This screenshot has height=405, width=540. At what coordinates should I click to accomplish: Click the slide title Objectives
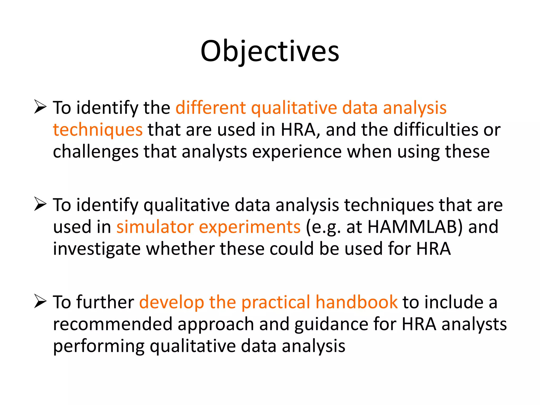click(x=270, y=51)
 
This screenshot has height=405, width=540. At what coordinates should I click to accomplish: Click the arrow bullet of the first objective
click(x=40, y=107)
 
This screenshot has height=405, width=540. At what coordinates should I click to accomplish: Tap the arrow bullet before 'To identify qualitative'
click(x=40, y=204)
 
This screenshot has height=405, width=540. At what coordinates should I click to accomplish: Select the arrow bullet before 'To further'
click(x=40, y=302)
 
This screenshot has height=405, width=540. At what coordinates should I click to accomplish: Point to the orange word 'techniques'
click(x=98, y=130)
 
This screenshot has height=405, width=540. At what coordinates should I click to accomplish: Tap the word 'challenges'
click(x=95, y=152)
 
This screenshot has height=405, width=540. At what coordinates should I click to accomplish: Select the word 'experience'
click(x=297, y=152)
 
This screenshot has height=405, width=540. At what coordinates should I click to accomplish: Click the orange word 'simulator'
click(x=155, y=227)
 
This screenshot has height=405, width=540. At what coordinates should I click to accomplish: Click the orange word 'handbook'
click(x=356, y=302)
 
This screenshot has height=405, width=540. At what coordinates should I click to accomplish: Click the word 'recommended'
click(x=113, y=324)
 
